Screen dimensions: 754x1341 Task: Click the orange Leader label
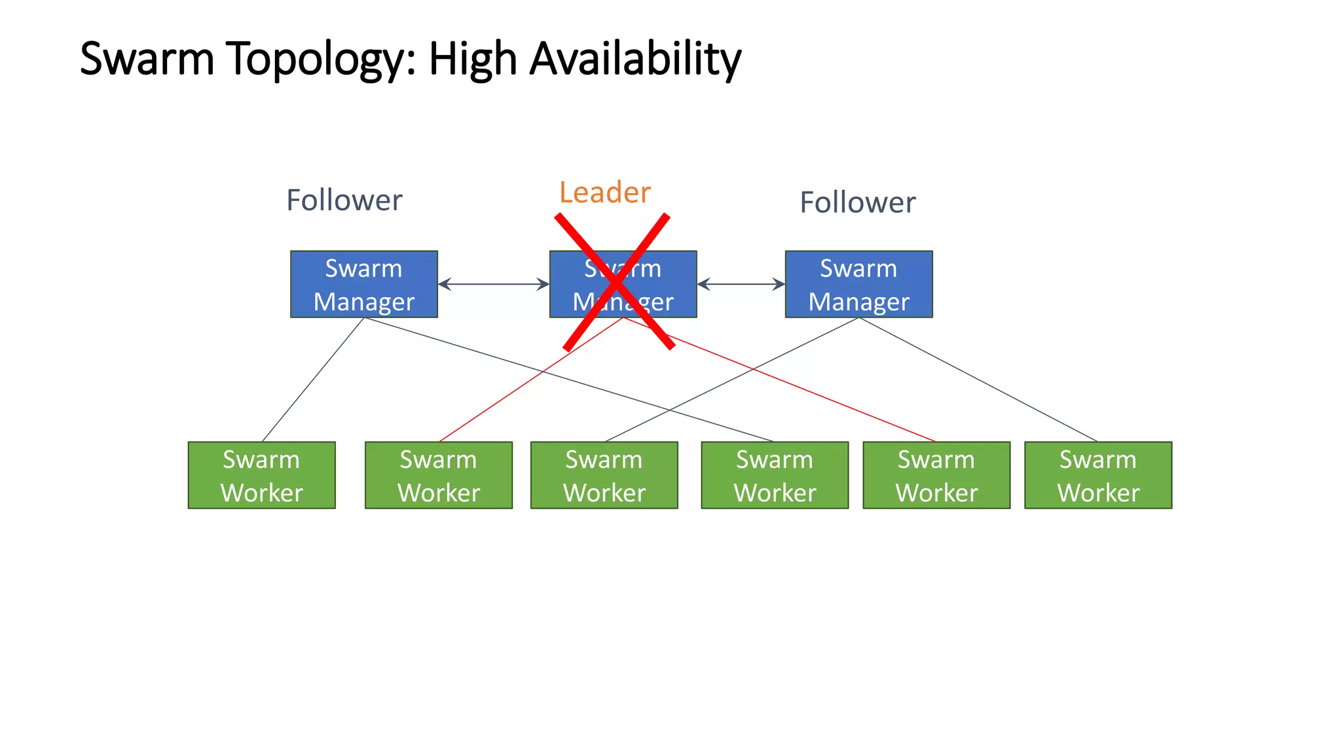pos(605,192)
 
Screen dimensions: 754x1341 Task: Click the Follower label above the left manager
pos(344,200)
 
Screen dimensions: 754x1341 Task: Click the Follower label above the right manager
pos(858,203)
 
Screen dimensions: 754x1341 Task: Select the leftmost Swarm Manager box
pos(364,284)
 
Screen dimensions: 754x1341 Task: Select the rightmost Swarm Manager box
pos(858,284)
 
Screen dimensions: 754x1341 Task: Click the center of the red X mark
pos(615,282)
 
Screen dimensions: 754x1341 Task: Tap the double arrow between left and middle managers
pos(494,284)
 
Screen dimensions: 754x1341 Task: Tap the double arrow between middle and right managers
pos(741,284)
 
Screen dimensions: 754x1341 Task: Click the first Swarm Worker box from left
pos(262,475)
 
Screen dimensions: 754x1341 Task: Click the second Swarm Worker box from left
pos(439,475)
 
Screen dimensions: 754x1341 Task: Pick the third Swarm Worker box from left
pos(604,475)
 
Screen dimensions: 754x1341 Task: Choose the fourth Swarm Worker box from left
pos(775,475)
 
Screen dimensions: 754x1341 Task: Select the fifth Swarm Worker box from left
pos(936,475)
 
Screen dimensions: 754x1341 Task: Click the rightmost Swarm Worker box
pos(1098,475)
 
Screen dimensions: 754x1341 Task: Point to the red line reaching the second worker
pos(498,402)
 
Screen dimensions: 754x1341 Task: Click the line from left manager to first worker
pos(313,380)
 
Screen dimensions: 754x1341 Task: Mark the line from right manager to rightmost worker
pos(978,380)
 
